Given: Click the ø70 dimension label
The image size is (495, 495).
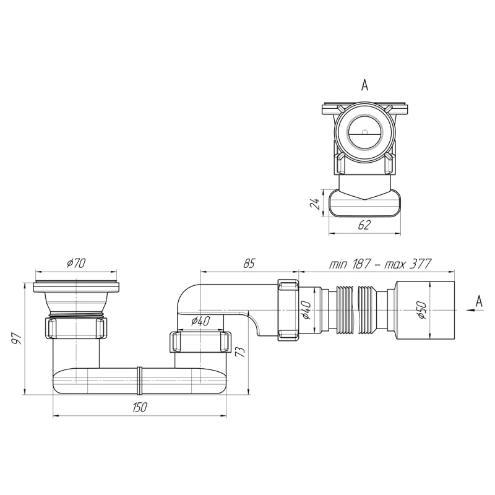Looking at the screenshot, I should pos(76,264).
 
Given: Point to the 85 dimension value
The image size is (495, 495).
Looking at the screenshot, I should pos(249,264).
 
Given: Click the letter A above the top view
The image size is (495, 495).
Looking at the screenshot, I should pos(364,86).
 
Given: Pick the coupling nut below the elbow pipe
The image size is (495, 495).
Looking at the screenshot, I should pos(199,341).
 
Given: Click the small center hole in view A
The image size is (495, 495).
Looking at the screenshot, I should pos(365,131).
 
